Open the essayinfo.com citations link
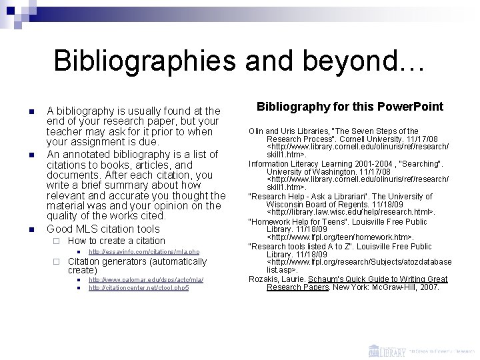(x=144, y=252)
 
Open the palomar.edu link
(x=146, y=280)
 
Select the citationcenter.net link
(x=139, y=287)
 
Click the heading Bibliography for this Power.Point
(x=350, y=107)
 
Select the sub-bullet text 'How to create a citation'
(x=117, y=241)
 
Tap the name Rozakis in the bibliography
(x=265, y=279)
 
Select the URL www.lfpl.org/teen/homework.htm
(x=340, y=237)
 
